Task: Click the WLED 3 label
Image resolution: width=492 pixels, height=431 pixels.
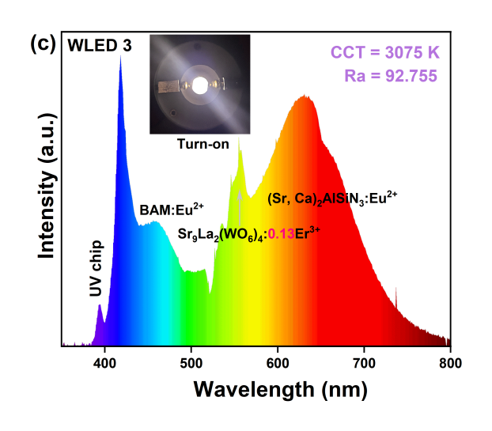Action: (x=100, y=46)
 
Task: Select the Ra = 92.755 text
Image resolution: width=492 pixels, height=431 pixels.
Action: (x=393, y=76)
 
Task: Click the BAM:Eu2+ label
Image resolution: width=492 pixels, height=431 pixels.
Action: (x=172, y=210)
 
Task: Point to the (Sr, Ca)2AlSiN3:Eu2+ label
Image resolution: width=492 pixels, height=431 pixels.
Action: (x=331, y=198)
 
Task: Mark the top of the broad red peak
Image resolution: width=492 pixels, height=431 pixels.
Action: (x=304, y=96)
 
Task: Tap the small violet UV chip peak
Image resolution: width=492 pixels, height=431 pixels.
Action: (x=100, y=306)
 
